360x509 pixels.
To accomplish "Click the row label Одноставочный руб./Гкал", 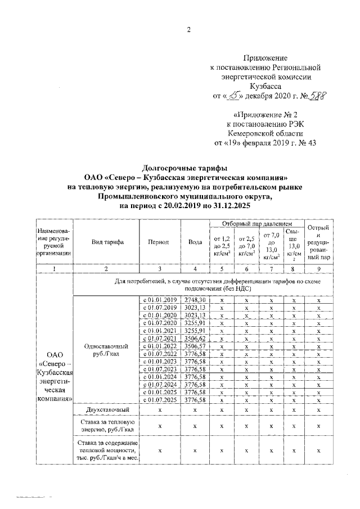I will tap(107, 350).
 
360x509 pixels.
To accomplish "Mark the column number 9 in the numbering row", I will tap(318, 269).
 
